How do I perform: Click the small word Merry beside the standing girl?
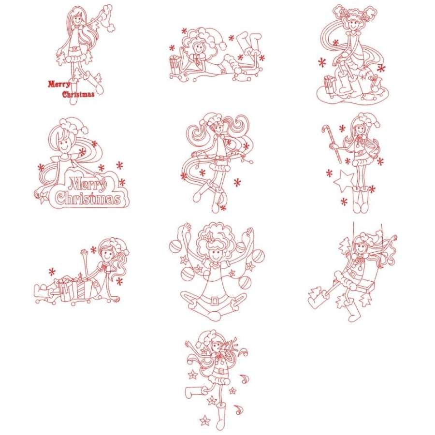click(59, 85)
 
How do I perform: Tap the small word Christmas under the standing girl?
click(78, 94)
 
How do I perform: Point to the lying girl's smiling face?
click(199, 49)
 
